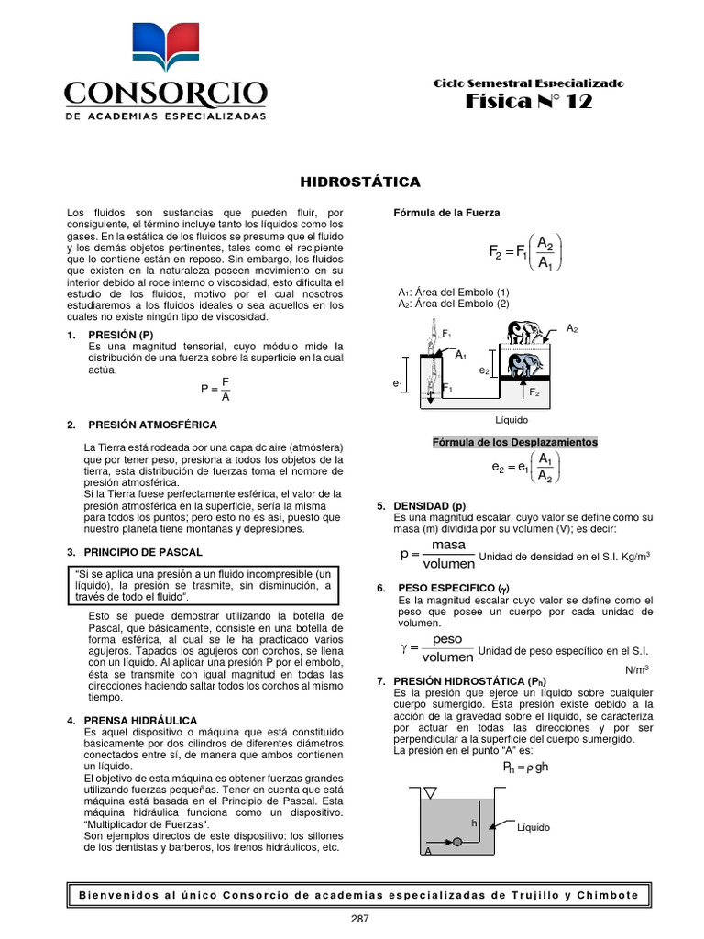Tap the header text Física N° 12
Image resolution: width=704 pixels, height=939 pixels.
[530, 102]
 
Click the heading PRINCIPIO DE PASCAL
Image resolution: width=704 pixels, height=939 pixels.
[144, 552]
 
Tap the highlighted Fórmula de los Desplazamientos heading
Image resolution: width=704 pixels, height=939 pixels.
[515, 442]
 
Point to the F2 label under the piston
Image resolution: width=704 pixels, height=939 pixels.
[534, 392]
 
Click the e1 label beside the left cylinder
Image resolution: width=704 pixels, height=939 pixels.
[398, 385]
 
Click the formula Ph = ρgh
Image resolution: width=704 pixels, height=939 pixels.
[525, 767]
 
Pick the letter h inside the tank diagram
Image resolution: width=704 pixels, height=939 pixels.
[474, 823]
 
